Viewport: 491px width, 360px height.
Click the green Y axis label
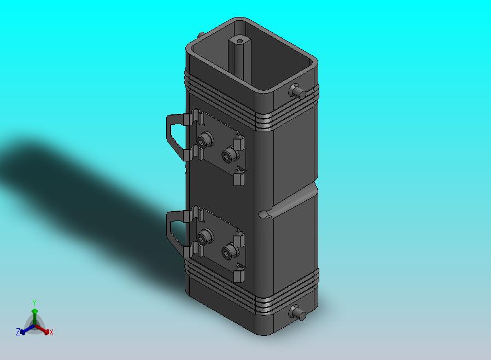34,303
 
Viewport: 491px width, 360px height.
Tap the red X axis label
51,332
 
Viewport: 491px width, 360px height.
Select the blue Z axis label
18,332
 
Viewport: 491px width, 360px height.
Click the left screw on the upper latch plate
205,140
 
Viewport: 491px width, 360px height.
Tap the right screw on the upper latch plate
230,154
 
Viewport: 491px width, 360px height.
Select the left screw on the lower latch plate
205,236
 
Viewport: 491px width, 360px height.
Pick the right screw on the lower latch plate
230,251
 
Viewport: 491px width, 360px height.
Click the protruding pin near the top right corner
297,91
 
